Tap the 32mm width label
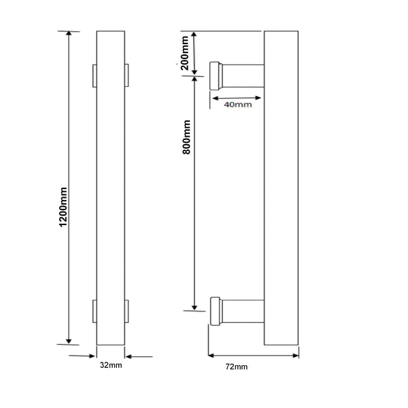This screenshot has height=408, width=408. pyautogui.click(x=110, y=367)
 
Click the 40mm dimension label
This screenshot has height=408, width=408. pyautogui.click(x=237, y=105)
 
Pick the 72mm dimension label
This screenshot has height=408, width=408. pyautogui.click(x=237, y=367)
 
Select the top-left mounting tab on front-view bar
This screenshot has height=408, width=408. pyautogui.click(x=95, y=75)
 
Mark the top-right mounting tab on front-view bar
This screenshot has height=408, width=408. pyautogui.click(x=126, y=75)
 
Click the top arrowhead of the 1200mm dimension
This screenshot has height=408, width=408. pyautogui.click(x=68, y=35)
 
